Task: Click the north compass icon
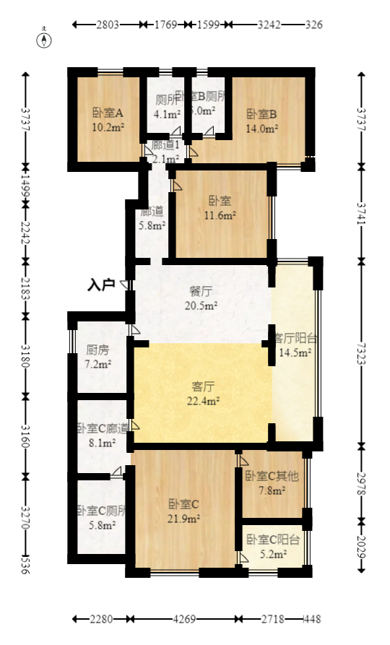tap(45, 38)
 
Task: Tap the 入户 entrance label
tap(101, 285)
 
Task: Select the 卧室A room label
tap(108, 113)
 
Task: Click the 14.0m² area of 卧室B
tap(261, 129)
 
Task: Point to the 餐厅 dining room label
tap(201, 292)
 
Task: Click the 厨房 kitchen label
tap(97, 350)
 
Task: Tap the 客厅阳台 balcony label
tap(294, 338)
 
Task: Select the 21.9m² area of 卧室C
tap(183, 518)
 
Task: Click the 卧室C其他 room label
tap(272, 477)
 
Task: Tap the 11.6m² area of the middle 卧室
tap(221, 215)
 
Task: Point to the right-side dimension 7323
tap(363, 352)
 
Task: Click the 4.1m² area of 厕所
tap(166, 113)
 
